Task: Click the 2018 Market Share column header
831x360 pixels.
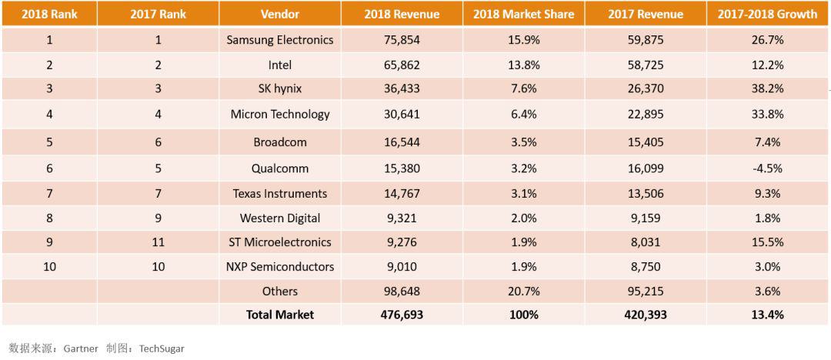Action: click(523, 14)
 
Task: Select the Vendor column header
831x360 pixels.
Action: click(280, 14)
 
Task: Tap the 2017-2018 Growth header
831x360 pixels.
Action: click(767, 14)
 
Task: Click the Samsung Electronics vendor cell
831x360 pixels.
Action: click(280, 40)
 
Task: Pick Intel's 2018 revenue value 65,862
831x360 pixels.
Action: click(402, 65)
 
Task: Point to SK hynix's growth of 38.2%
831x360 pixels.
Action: click(767, 88)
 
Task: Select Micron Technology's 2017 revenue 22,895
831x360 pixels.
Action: click(646, 114)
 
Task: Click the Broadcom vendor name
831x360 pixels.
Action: click(280, 142)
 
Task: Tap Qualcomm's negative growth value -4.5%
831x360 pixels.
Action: click(767, 168)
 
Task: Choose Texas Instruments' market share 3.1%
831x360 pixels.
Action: click(523, 193)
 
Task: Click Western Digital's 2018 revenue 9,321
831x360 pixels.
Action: click(402, 218)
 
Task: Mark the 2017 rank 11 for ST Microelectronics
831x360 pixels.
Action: click(159, 242)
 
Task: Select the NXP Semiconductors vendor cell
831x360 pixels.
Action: click(280, 267)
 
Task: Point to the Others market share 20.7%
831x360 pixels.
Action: click(523, 291)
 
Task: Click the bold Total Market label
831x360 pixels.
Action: click(280, 314)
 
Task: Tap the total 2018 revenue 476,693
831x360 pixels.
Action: click(402, 314)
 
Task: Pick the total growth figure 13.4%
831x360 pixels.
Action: click(767, 314)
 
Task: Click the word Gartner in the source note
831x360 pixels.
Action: click(81, 348)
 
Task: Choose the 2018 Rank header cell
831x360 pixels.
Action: click(49, 14)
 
